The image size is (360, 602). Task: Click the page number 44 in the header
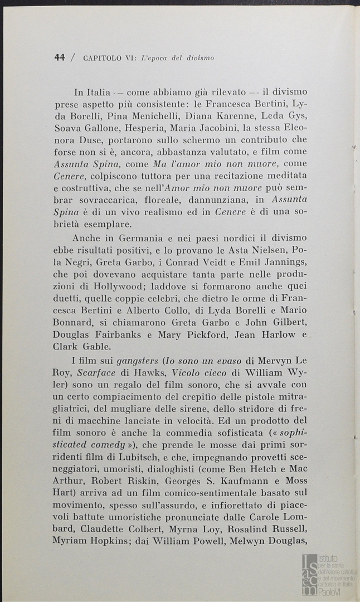point(60,57)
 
